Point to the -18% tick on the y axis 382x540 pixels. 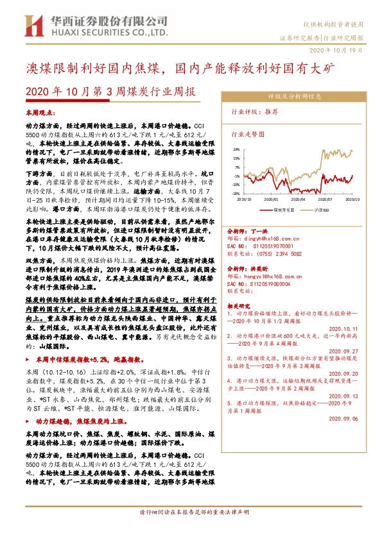pyautogui.click(x=236, y=192)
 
